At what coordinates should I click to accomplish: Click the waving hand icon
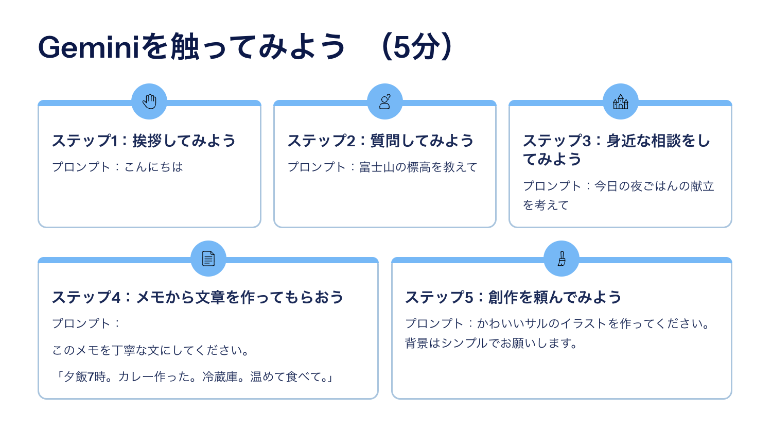coord(150,101)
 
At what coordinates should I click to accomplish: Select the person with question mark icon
coord(385,101)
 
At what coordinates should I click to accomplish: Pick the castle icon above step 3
coord(620,101)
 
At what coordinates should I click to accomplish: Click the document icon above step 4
coord(208,259)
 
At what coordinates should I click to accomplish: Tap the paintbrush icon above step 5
coord(562,259)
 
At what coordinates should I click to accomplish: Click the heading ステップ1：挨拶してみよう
coord(144,141)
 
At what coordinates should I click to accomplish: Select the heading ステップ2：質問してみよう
coord(380,141)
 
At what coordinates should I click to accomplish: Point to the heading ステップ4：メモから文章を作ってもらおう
coord(198,297)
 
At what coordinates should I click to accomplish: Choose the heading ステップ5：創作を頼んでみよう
coord(513,297)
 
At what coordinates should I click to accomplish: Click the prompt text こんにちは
coord(153,167)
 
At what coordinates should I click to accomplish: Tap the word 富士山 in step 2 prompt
coord(377,167)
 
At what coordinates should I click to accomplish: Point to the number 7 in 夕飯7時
coord(91,377)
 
